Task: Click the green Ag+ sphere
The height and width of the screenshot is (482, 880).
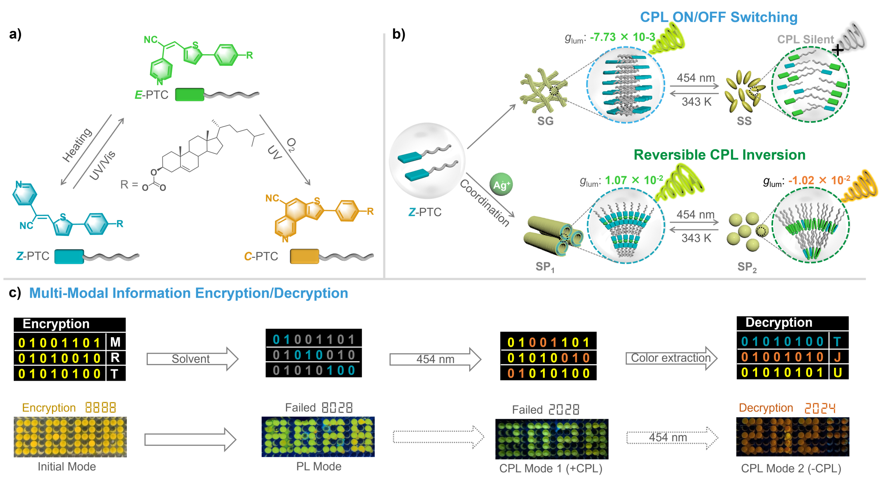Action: [501, 184]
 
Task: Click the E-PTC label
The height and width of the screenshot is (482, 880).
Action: [151, 95]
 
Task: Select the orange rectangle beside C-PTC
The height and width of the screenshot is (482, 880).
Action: [305, 256]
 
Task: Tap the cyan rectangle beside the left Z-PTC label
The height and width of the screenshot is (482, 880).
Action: [69, 256]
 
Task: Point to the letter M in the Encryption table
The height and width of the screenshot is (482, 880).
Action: [115, 342]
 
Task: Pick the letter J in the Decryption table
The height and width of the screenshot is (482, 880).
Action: [837, 357]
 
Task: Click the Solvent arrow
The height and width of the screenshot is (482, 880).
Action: [192, 359]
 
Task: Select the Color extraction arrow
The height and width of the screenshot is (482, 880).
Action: [671, 358]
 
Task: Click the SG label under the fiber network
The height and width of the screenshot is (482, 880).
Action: [545, 121]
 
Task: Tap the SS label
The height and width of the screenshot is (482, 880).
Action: [744, 121]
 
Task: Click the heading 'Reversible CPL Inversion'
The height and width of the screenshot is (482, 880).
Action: [719, 155]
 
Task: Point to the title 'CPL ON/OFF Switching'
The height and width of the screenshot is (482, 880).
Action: [718, 17]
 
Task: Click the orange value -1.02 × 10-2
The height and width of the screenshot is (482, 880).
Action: [819, 180]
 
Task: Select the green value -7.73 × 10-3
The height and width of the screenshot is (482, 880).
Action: [622, 37]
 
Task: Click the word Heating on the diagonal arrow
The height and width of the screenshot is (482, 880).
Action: [77, 145]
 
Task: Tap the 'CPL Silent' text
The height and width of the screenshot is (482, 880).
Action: [805, 40]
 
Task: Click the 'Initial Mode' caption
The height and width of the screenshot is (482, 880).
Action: [67, 467]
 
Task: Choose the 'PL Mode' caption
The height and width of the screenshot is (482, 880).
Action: [319, 467]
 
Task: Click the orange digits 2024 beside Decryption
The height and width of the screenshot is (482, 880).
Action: [820, 408]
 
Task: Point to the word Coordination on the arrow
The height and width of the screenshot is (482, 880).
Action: [485, 202]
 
